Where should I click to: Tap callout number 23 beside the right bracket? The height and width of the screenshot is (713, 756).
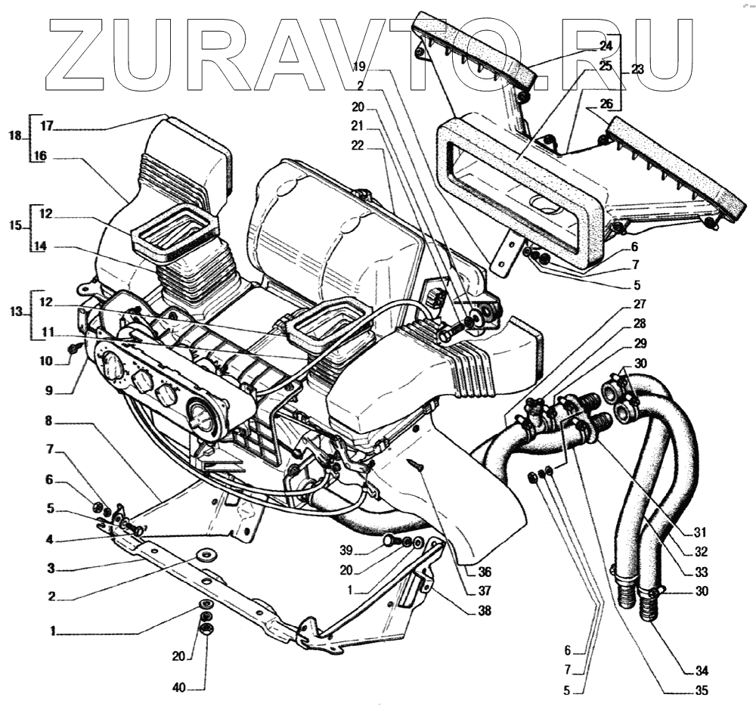tap(637, 69)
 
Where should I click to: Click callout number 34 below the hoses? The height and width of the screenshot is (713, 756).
tap(702, 671)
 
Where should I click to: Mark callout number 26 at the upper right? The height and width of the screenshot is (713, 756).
tap(627, 104)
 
